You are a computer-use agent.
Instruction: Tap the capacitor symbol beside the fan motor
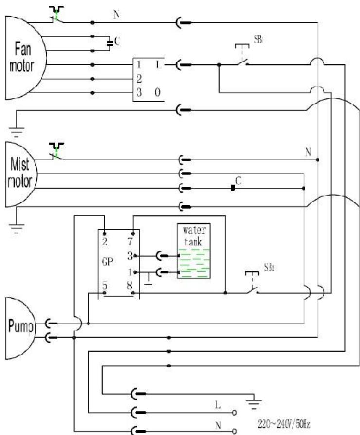pos(110,43)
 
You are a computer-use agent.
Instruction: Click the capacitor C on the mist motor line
pos(233,188)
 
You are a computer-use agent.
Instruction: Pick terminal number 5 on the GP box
pos(104,285)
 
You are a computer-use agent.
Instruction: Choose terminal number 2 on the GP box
pos(104,240)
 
